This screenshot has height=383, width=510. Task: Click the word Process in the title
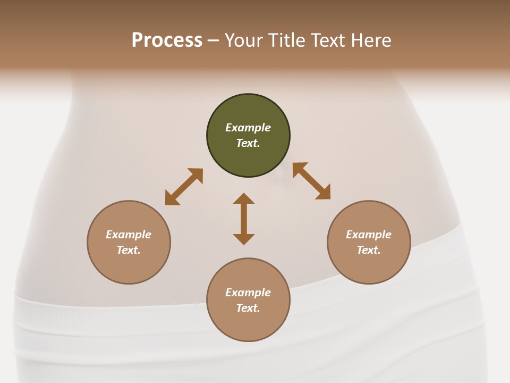[x=167, y=40]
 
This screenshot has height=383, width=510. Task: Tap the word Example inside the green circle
[x=248, y=128]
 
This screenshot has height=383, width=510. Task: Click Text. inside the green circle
[x=248, y=143]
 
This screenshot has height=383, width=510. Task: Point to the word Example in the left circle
[x=129, y=235]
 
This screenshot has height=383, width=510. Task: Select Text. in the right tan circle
[x=369, y=250]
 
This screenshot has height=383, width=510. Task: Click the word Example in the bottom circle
[x=248, y=293]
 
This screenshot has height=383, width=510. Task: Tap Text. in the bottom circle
[x=248, y=308]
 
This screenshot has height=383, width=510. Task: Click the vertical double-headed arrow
[x=244, y=219]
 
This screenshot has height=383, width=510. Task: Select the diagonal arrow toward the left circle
[x=184, y=187]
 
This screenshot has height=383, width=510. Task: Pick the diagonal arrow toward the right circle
[x=311, y=181]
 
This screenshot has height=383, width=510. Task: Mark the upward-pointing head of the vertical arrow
[x=244, y=198]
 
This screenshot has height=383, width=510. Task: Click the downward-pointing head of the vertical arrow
[x=244, y=239]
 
